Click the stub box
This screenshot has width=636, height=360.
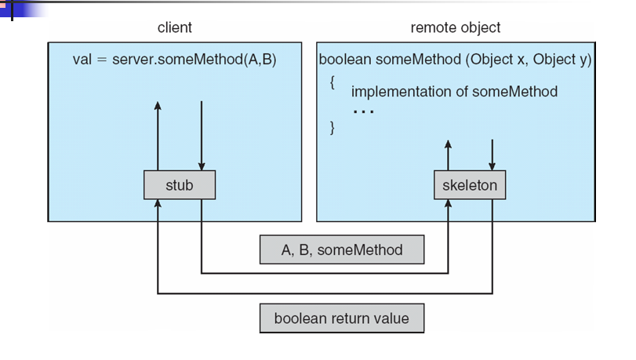coord(179,185)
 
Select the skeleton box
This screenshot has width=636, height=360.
coord(470,185)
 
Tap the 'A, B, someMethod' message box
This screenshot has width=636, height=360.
coord(341,250)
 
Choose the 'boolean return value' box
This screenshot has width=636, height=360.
coord(341,319)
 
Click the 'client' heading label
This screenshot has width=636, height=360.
coord(174,28)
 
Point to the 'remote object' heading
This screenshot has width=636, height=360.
coord(456,28)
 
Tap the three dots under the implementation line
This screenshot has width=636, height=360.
coord(362,111)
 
